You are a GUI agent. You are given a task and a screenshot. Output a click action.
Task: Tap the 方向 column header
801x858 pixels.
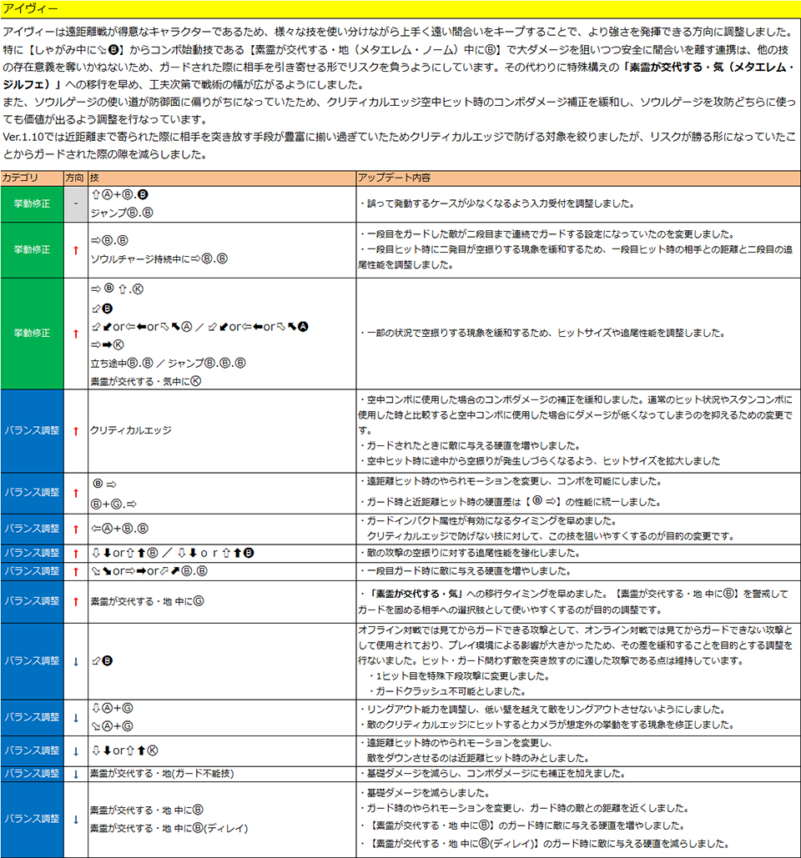point(75,178)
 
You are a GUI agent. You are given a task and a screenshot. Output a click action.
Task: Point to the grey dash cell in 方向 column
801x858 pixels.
point(75,203)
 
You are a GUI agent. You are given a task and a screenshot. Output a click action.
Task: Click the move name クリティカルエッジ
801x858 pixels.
point(131,430)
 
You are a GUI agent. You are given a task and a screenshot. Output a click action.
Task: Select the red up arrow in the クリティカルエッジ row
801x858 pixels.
point(75,430)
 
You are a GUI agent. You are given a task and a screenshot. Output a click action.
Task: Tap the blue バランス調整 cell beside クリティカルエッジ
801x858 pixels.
point(32,430)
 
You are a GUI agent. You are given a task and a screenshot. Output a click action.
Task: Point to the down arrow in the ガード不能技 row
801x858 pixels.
point(75,774)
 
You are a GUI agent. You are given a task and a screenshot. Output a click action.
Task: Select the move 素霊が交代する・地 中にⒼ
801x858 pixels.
point(146,600)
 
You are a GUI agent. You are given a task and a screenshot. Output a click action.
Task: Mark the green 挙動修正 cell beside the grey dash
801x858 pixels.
point(32,203)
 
